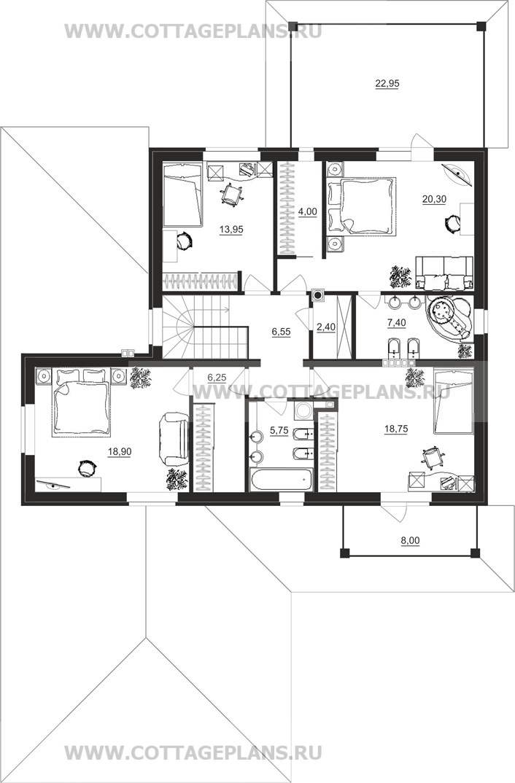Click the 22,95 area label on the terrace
coord(387,83)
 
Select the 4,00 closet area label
coord(307,211)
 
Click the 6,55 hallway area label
coord(282,331)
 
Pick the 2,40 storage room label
coord(326,327)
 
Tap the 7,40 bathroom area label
coord(396,322)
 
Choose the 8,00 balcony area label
coord(411,539)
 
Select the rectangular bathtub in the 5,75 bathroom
coord(282,480)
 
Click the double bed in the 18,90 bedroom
coord(80,403)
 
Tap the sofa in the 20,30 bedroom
coord(444,273)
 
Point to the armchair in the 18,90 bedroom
coord(174,440)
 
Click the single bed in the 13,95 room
coord(183,195)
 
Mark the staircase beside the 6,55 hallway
coord(205,327)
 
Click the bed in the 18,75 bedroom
coord(453,402)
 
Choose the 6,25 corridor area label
coord(217,378)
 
